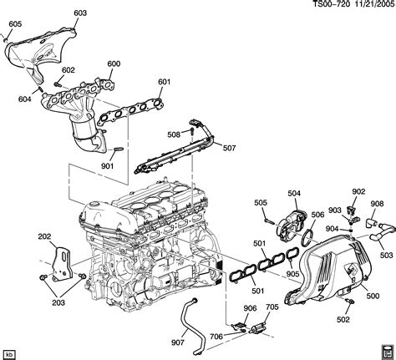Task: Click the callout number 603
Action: click(x=80, y=13)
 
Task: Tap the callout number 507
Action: click(x=229, y=148)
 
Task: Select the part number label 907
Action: click(x=178, y=342)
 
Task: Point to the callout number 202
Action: click(x=44, y=236)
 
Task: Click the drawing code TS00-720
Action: click(x=331, y=4)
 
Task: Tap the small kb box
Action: click(x=10, y=354)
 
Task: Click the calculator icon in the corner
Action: click(x=386, y=351)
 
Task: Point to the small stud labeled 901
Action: click(x=119, y=149)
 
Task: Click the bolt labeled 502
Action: click(x=349, y=301)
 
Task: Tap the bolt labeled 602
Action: click(x=58, y=84)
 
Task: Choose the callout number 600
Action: click(x=114, y=63)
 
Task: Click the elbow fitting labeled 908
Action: click(x=372, y=223)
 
